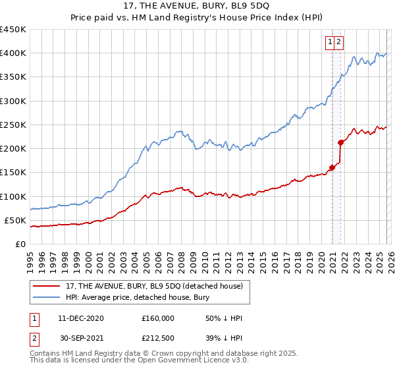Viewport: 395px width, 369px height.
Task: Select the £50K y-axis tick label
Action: click(x=15, y=220)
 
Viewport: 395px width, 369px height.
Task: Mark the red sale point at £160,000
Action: click(x=332, y=167)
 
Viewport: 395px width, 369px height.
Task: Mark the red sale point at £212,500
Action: click(x=341, y=142)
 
